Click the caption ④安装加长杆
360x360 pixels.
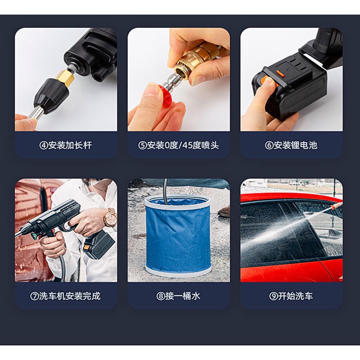tap(66, 145)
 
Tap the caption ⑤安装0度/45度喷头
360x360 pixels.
tap(178, 145)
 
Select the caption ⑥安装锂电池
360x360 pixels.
tap(291, 145)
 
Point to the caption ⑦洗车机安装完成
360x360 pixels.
tap(66, 296)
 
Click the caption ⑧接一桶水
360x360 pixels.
tap(178, 296)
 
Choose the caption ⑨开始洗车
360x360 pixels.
tap(291, 296)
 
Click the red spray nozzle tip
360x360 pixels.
tap(165, 96)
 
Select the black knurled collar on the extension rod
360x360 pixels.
tap(51, 95)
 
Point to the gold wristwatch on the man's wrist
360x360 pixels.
tap(109, 217)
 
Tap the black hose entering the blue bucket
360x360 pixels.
tap(165, 190)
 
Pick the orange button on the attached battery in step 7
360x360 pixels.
tap(87, 248)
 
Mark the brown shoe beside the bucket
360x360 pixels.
tap(224, 212)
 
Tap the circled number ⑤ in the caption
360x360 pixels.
tap(142, 145)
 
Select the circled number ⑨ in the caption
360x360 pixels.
tap(273, 296)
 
